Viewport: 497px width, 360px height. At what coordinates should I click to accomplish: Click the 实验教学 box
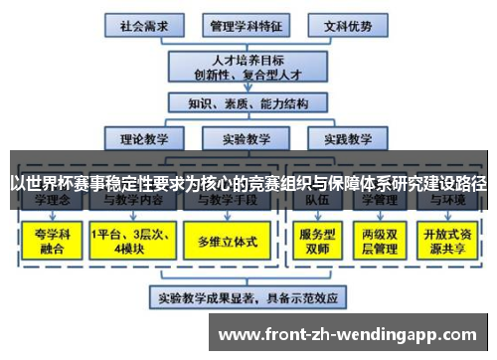coord(246,138)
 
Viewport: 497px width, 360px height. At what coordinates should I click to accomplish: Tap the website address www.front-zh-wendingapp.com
coord(353,334)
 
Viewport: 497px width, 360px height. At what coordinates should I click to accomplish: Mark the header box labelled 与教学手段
coord(228,202)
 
